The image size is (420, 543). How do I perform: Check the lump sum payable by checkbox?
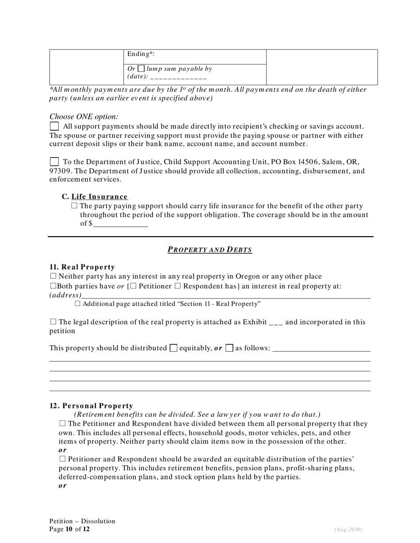coord(141,69)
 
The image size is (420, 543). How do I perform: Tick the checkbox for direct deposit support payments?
coord(54,127)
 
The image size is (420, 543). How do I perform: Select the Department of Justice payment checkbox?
coord(54,162)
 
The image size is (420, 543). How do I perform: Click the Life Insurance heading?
coord(99,197)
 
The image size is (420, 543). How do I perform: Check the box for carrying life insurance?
coord(74,206)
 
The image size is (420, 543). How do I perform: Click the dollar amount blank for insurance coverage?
coord(120,224)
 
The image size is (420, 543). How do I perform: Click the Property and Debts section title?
coord(210,250)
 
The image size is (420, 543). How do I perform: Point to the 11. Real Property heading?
coord(82,267)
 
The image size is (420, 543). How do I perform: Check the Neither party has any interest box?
coord(53,277)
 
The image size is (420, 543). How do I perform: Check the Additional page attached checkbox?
coord(78,304)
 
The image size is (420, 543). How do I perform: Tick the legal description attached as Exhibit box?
coord(53,322)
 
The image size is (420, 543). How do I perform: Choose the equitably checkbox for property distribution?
coord(174,348)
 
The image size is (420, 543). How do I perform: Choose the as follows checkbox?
coord(229,348)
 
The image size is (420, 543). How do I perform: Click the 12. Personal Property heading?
coord(91,406)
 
